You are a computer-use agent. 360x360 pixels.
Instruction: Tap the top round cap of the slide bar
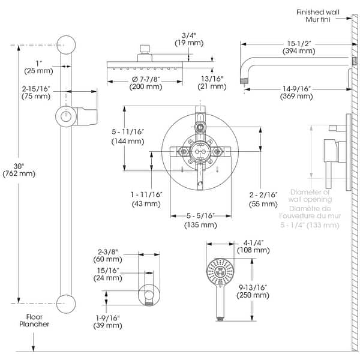(x=65, y=44)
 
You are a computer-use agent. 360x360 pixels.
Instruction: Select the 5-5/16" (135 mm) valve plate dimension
(x=200, y=220)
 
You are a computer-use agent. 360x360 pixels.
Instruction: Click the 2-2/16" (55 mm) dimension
(x=265, y=199)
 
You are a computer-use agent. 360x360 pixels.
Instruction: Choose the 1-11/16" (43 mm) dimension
(x=146, y=199)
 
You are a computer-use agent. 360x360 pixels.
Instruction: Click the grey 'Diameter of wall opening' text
(x=310, y=196)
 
